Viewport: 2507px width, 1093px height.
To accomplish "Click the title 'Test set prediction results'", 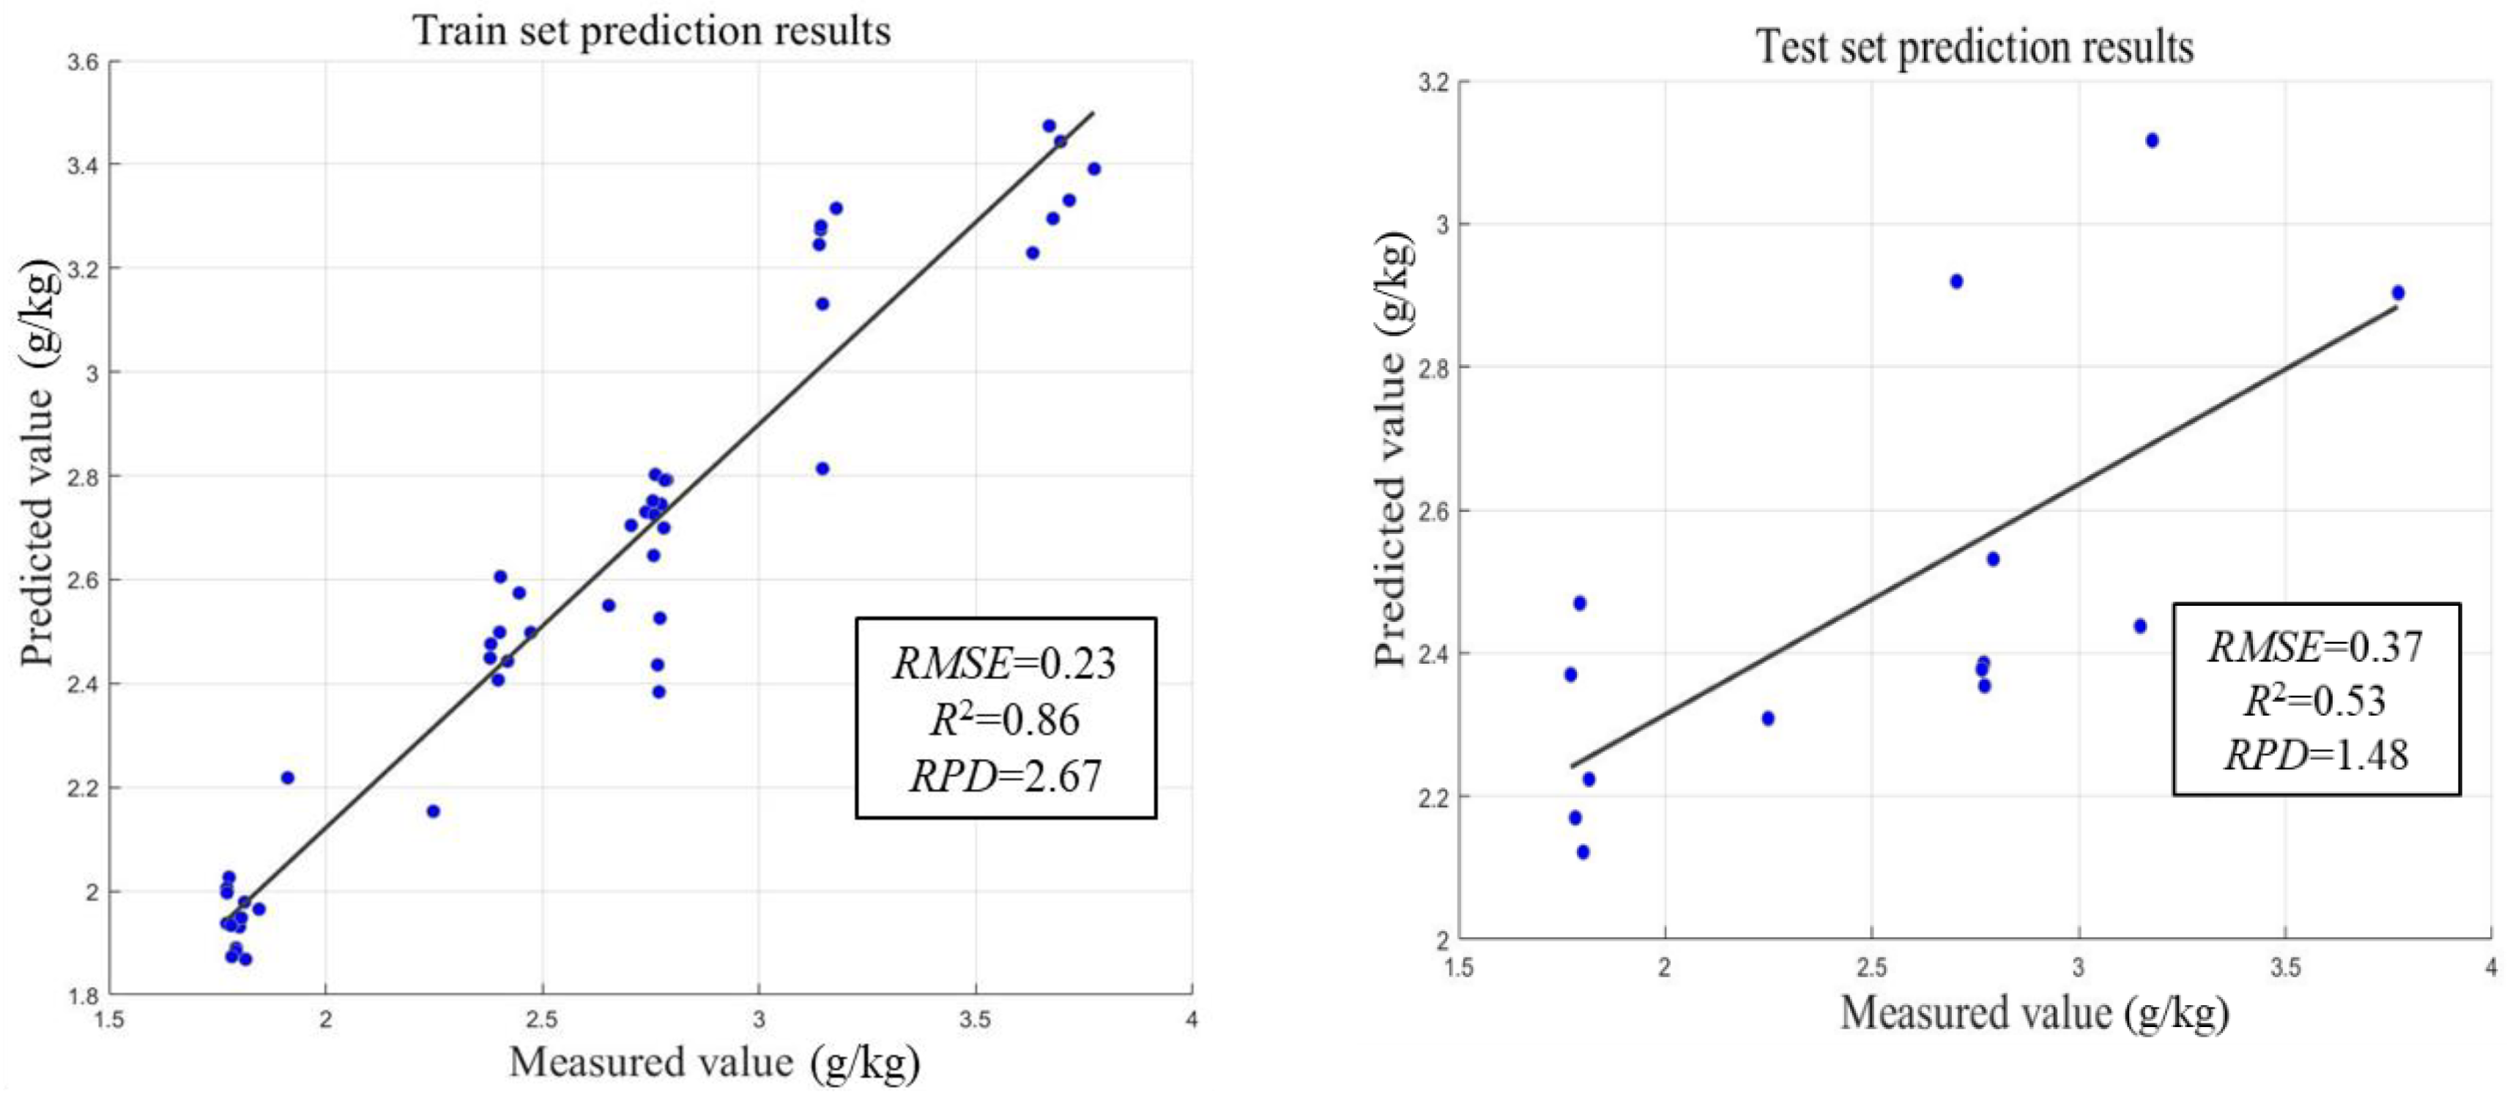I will tap(1974, 47).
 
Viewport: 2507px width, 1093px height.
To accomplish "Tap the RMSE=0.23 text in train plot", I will tap(1004, 664).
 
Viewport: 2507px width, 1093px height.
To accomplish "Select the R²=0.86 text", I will tap(1004, 720).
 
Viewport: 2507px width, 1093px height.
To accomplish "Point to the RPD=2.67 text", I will tap(1004, 776).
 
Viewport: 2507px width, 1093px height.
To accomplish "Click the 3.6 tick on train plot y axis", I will tap(83, 62).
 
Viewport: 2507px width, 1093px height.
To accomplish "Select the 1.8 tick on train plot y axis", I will tap(83, 995).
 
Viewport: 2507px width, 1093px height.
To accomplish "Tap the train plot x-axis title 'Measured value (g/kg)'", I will tap(713, 1061).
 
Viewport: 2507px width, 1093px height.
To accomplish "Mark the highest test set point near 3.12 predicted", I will tap(2152, 140).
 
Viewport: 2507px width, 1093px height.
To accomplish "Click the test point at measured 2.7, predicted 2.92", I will tap(1956, 281).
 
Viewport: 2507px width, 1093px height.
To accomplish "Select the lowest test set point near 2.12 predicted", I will tap(1583, 852).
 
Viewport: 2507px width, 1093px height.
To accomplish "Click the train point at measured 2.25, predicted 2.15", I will tap(433, 811).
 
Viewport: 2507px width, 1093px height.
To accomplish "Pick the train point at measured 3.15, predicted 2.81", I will tap(822, 468).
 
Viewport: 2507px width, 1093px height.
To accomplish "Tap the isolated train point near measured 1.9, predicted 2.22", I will tap(287, 778).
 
